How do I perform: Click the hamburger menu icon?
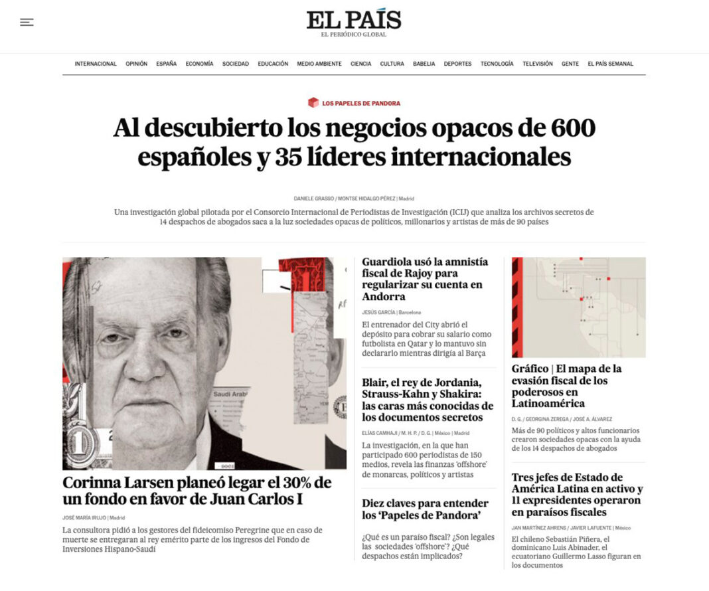tap(27, 23)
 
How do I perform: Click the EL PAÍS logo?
tap(354, 22)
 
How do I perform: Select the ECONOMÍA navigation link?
tap(199, 64)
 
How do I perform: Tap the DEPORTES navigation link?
tap(457, 64)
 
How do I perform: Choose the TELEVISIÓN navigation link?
tap(537, 64)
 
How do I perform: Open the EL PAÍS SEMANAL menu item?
tap(610, 64)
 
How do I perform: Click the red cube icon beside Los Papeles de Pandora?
tap(313, 103)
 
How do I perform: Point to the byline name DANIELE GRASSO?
tap(313, 199)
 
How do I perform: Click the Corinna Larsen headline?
tap(197, 490)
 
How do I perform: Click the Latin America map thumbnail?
tap(578, 307)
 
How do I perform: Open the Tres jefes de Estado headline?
tap(577, 495)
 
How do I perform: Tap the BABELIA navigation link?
tap(424, 64)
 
